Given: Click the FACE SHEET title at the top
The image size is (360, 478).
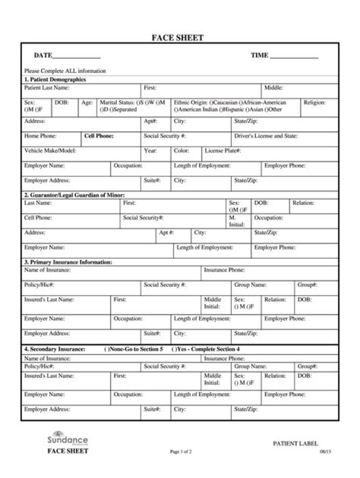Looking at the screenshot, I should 177,38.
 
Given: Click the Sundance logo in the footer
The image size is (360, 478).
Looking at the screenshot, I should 67,439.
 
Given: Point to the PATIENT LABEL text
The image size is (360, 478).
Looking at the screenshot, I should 295,444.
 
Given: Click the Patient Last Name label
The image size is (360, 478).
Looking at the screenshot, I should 47,88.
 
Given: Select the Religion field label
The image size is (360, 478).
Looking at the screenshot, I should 314,102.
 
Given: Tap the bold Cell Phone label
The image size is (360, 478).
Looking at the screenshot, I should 99,136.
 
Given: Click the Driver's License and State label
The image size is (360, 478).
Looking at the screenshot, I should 265,136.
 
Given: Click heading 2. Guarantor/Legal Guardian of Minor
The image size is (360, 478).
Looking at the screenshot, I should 74,195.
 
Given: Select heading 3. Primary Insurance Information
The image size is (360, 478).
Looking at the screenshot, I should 68,262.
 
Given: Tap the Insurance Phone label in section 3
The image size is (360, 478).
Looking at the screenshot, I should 224,270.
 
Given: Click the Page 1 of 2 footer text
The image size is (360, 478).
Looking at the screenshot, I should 180,452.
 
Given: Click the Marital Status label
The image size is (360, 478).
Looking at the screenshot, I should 118,102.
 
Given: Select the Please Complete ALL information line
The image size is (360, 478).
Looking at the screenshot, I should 65,71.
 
